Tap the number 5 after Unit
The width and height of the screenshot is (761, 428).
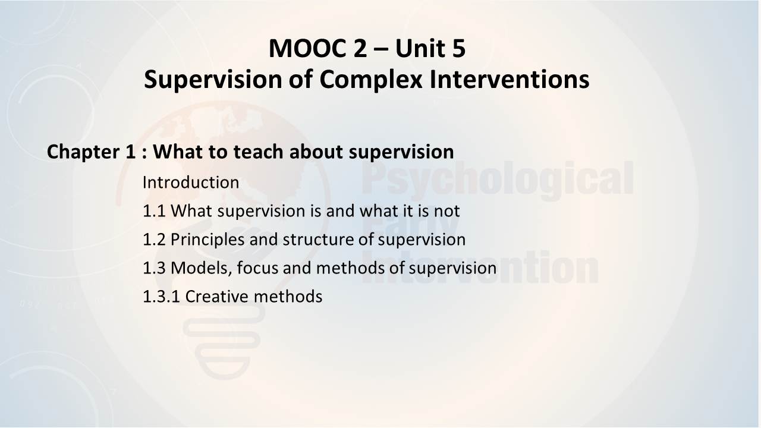click(458, 49)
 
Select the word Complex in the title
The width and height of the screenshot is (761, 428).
click(371, 80)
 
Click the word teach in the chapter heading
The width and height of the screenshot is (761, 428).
click(258, 152)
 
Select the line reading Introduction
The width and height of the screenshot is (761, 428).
click(191, 182)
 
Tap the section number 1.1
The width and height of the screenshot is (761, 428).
click(154, 211)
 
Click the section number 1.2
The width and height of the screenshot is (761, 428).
click(154, 240)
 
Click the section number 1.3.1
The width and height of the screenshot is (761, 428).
click(161, 297)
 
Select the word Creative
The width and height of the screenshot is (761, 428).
click(217, 297)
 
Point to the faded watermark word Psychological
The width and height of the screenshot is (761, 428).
click(498, 180)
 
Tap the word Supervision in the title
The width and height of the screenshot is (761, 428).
click(213, 80)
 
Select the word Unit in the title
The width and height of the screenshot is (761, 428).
click(420, 49)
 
